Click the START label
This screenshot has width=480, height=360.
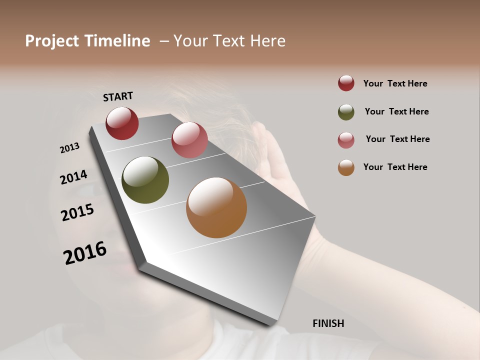(x=118, y=96)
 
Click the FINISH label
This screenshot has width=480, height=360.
(x=328, y=323)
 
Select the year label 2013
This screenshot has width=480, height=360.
(x=69, y=148)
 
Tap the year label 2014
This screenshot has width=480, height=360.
(x=73, y=177)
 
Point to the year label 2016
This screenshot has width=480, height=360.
(x=85, y=252)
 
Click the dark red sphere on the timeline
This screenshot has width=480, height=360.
(x=122, y=123)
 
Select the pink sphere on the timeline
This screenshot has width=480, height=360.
(x=189, y=140)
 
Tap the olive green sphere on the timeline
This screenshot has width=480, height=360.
(x=145, y=180)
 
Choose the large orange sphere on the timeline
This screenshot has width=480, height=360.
(x=216, y=207)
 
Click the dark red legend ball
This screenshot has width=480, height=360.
(x=346, y=83)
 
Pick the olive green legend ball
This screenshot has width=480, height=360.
(x=346, y=112)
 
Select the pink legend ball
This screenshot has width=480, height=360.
(x=346, y=140)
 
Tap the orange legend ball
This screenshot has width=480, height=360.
(x=346, y=167)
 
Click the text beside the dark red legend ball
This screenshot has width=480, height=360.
(x=395, y=83)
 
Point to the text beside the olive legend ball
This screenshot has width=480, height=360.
(x=396, y=111)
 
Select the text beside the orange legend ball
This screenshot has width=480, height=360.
(x=395, y=167)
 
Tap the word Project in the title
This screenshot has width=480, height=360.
(x=48, y=41)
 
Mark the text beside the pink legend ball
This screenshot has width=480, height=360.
(x=397, y=139)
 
